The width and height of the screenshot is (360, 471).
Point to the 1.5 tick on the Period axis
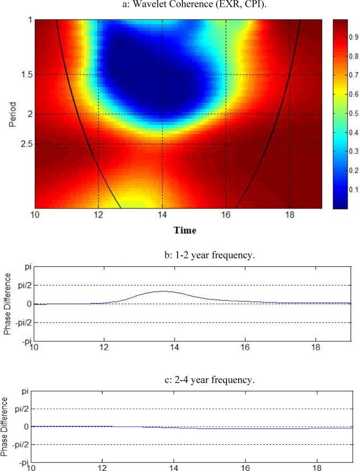[24, 75]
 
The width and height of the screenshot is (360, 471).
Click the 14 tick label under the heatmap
[162, 215]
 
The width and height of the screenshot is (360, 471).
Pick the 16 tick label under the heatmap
[225, 215]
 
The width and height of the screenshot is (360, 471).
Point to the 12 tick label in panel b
[104, 347]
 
